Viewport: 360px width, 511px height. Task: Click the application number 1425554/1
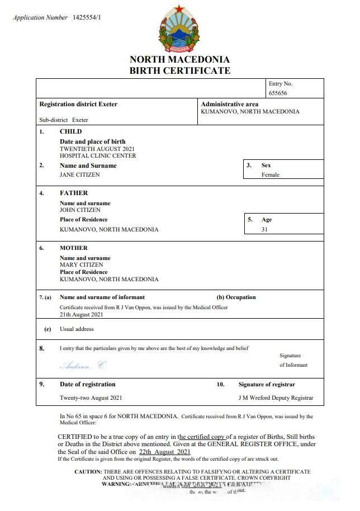point(87,17)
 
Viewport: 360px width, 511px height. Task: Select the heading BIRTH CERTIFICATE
point(179,70)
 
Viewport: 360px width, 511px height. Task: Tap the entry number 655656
point(278,93)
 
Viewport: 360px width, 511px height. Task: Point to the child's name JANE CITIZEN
point(80,174)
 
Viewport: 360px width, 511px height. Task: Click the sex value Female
point(270,174)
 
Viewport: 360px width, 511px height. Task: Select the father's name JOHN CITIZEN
point(80,210)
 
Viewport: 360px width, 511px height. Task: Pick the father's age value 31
point(264,229)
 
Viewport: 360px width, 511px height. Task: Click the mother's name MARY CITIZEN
point(81,265)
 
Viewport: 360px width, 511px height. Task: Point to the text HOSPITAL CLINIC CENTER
point(97,156)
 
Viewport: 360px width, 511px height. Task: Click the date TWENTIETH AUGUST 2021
point(97,149)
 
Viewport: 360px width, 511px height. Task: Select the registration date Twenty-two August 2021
point(91,398)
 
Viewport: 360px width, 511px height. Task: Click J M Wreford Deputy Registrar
point(276,398)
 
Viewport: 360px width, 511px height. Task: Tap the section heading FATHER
point(74,193)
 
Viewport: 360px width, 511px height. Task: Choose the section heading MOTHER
point(74,248)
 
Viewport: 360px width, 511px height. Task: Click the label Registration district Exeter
point(78,104)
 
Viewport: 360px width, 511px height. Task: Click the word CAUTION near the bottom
point(88,472)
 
